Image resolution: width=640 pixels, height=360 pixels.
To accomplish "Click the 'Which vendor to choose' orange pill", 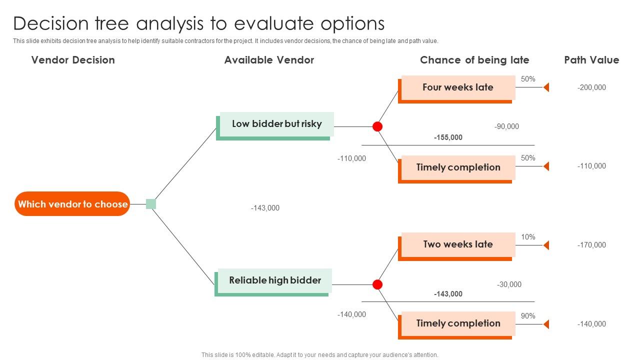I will point(72,204).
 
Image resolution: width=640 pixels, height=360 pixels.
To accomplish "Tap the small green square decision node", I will point(151,204).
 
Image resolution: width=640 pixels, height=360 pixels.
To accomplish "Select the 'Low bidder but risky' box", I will point(276,124).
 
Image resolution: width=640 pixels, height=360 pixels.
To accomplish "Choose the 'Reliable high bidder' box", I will point(275,280).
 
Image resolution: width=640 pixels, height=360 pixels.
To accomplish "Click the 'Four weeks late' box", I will point(457,87).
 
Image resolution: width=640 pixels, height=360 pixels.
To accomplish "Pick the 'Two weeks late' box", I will point(457,244).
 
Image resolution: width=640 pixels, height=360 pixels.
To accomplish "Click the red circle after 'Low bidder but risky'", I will point(377,126).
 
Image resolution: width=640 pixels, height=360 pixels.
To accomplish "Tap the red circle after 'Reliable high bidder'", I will point(377,284).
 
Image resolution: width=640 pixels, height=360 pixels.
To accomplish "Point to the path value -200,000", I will point(591,87).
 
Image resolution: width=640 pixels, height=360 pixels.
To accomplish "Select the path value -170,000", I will point(591,245).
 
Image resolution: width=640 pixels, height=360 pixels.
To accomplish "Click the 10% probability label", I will point(528,237).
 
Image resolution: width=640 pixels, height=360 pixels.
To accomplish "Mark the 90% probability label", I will point(528,316).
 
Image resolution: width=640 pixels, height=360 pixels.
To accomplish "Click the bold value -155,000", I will point(448,137).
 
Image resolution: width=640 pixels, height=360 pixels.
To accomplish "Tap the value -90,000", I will point(506,126).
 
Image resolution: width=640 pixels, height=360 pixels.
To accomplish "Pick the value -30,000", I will point(509,284).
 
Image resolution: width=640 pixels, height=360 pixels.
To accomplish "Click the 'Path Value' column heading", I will point(591,60).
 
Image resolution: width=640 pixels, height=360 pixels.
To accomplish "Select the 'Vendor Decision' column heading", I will point(73,60).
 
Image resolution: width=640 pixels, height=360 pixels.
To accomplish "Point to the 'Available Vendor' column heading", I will point(269,60).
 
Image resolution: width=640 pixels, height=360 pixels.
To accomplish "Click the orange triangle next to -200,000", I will point(546,87).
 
